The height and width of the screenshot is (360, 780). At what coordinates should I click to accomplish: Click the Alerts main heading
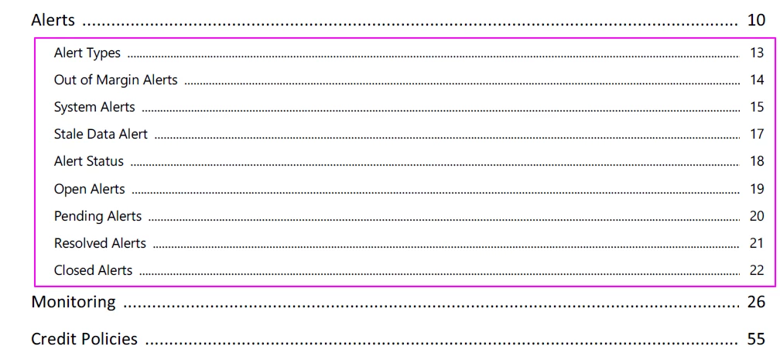click(x=53, y=20)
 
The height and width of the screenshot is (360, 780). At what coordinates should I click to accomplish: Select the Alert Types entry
click(x=87, y=53)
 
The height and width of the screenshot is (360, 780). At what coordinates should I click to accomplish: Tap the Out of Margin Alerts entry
click(x=115, y=80)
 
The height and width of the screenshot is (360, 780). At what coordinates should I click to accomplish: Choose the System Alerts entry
click(x=94, y=107)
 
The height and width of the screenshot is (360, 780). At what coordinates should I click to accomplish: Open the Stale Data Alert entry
click(x=101, y=134)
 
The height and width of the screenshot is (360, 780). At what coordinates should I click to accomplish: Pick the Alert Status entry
click(x=88, y=161)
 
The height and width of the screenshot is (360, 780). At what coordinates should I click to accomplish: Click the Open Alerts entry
click(x=90, y=189)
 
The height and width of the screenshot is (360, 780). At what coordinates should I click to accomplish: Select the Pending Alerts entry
click(x=98, y=216)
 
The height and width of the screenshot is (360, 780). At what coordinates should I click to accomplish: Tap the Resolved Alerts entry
click(x=100, y=243)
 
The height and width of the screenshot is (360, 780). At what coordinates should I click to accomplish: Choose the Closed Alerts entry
click(x=93, y=270)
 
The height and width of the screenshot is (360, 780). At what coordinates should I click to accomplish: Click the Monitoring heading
click(x=74, y=302)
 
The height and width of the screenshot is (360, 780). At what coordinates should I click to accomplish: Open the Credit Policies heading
click(x=84, y=339)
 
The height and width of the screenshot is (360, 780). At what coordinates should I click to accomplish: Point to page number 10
click(x=755, y=20)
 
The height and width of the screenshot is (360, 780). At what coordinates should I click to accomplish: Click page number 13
click(x=757, y=53)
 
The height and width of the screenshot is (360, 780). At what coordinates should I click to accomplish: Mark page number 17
click(x=757, y=134)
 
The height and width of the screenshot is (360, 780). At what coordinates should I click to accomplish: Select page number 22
click(x=757, y=270)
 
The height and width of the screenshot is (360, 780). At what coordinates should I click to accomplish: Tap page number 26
click(x=755, y=302)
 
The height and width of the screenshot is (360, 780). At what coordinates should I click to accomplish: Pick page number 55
click(x=755, y=339)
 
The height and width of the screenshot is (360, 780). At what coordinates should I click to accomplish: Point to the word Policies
click(x=108, y=339)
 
